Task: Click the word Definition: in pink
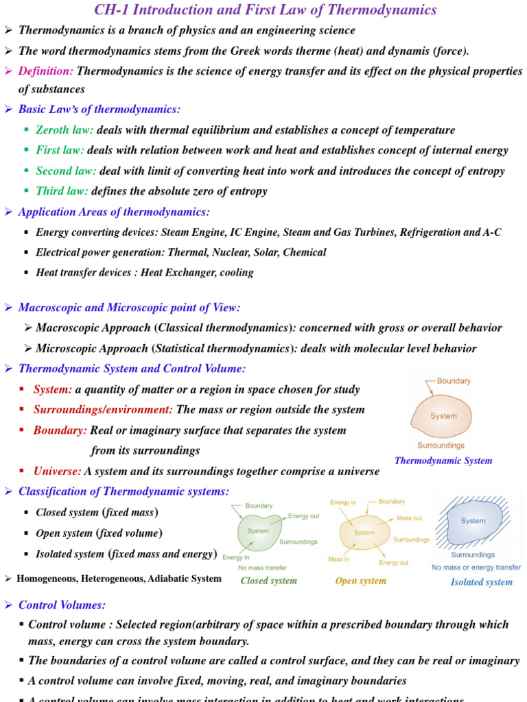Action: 46,71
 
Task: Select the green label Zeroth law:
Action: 65,130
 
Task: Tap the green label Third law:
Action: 62,191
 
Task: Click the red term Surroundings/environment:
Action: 103,410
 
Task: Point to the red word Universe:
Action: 58,472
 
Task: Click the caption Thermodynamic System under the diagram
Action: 443,461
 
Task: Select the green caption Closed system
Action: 268,581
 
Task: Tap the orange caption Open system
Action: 360,581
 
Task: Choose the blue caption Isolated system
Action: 481,582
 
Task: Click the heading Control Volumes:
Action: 62,605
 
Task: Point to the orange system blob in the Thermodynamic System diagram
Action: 443,416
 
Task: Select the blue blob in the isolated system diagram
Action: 473,522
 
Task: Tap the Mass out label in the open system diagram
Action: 410,518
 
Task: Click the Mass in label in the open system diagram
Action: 338,559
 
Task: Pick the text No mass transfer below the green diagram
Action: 262,568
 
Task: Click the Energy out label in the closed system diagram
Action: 303,516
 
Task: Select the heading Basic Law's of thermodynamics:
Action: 99,110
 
